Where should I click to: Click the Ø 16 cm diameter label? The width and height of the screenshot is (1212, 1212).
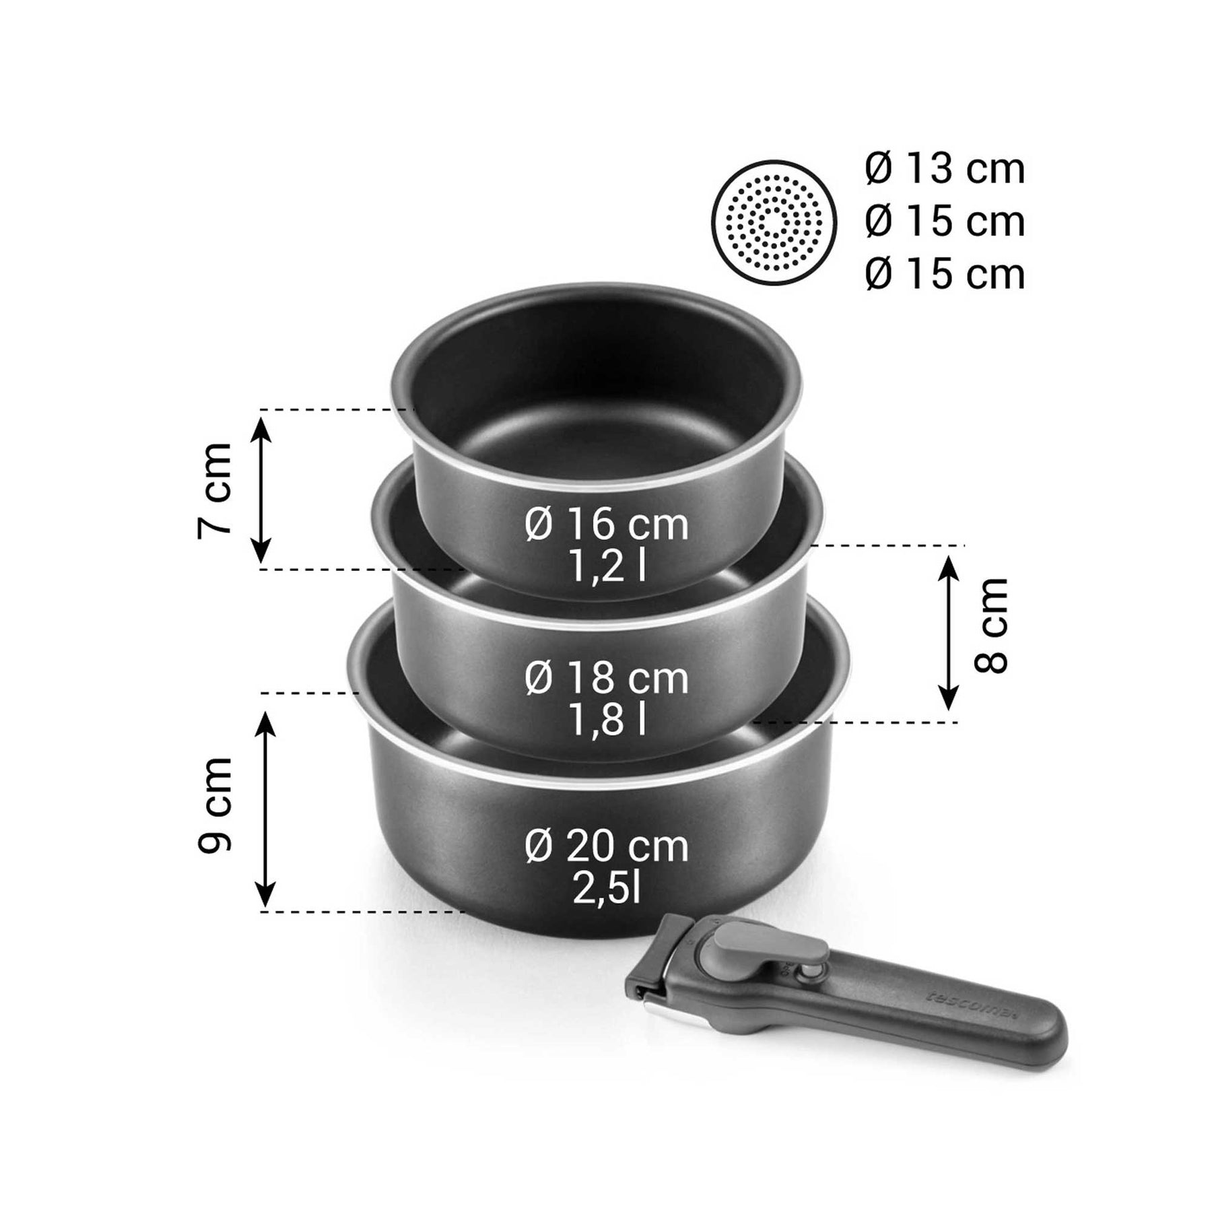pyautogui.click(x=607, y=525)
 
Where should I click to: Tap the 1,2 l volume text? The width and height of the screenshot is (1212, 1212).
pyautogui.click(x=607, y=568)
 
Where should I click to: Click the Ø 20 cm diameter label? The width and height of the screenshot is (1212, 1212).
pyautogui.click(x=607, y=846)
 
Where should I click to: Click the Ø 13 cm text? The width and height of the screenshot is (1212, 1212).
pyautogui.click(x=945, y=169)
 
